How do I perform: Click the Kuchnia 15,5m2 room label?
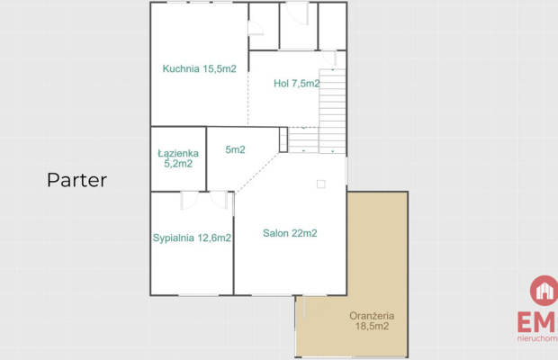(x=199, y=68)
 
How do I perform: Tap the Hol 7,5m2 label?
(x=296, y=84)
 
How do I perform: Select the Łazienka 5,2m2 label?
(x=178, y=158)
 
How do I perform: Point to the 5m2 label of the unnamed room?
(x=235, y=149)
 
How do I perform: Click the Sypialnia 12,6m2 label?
(x=192, y=238)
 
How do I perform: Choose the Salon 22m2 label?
(x=290, y=233)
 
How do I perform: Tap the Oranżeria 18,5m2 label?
(x=372, y=321)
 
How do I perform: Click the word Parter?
(x=76, y=180)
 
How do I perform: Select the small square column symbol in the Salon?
(x=321, y=184)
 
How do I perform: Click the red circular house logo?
(x=544, y=291)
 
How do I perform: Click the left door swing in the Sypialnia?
(x=189, y=201)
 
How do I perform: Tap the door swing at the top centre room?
(x=298, y=13)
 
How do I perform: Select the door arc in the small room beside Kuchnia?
(x=256, y=29)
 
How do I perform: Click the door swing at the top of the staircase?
(x=329, y=58)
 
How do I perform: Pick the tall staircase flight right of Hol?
(x=332, y=111)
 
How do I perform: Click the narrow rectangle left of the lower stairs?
(x=283, y=139)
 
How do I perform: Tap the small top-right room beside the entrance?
(x=332, y=25)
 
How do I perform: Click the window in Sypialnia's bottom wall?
(x=198, y=295)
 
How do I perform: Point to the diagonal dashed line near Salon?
(x=256, y=173)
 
